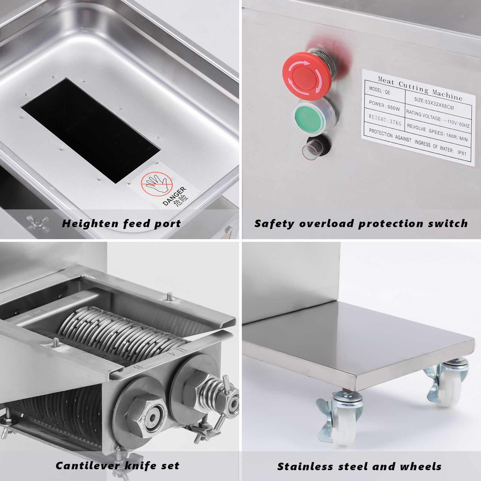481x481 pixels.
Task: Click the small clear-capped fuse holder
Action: tap(315, 147)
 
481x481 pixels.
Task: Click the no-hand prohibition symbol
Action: tap(157, 184)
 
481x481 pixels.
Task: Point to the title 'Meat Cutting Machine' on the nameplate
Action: tap(420, 89)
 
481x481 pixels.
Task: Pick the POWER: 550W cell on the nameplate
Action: tap(384, 106)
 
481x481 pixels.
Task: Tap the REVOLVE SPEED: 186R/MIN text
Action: tap(437, 132)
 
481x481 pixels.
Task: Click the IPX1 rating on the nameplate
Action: tap(462, 153)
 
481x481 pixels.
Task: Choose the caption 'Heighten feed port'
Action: tap(121, 224)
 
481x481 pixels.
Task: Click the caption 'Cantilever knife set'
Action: tap(117, 466)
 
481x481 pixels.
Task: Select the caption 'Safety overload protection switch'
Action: tap(361, 224)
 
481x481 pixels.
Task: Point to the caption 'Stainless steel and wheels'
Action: tap(359, 467)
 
